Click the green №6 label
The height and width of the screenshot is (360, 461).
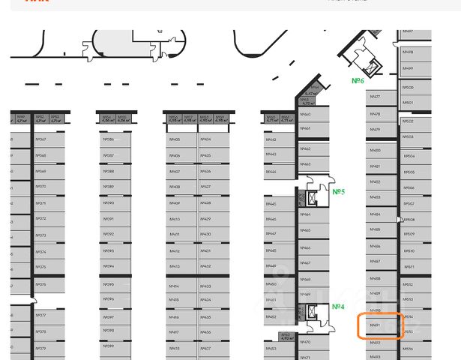358,80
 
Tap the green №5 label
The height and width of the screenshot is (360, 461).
338,192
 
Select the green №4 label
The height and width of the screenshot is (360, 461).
338,307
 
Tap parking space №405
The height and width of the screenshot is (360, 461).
181,139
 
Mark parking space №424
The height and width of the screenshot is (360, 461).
213,139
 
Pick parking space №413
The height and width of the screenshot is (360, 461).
181,266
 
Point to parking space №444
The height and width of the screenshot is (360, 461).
277,172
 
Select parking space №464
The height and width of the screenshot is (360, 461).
313,214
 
